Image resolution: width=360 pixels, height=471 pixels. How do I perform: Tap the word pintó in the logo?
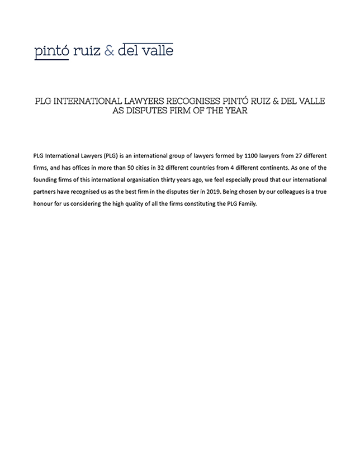51,51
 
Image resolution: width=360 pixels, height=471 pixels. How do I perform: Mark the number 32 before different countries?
180,167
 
